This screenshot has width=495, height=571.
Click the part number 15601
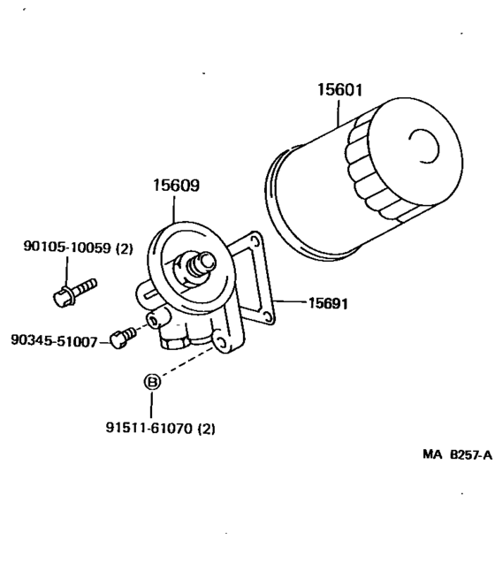(339, 90)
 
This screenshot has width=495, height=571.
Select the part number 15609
(174, 187)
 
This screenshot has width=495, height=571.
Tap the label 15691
(327, 303)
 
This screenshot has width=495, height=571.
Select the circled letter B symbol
(152, 382)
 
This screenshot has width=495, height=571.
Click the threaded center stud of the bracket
(197, 262)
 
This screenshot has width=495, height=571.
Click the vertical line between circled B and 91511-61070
(152, 404)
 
